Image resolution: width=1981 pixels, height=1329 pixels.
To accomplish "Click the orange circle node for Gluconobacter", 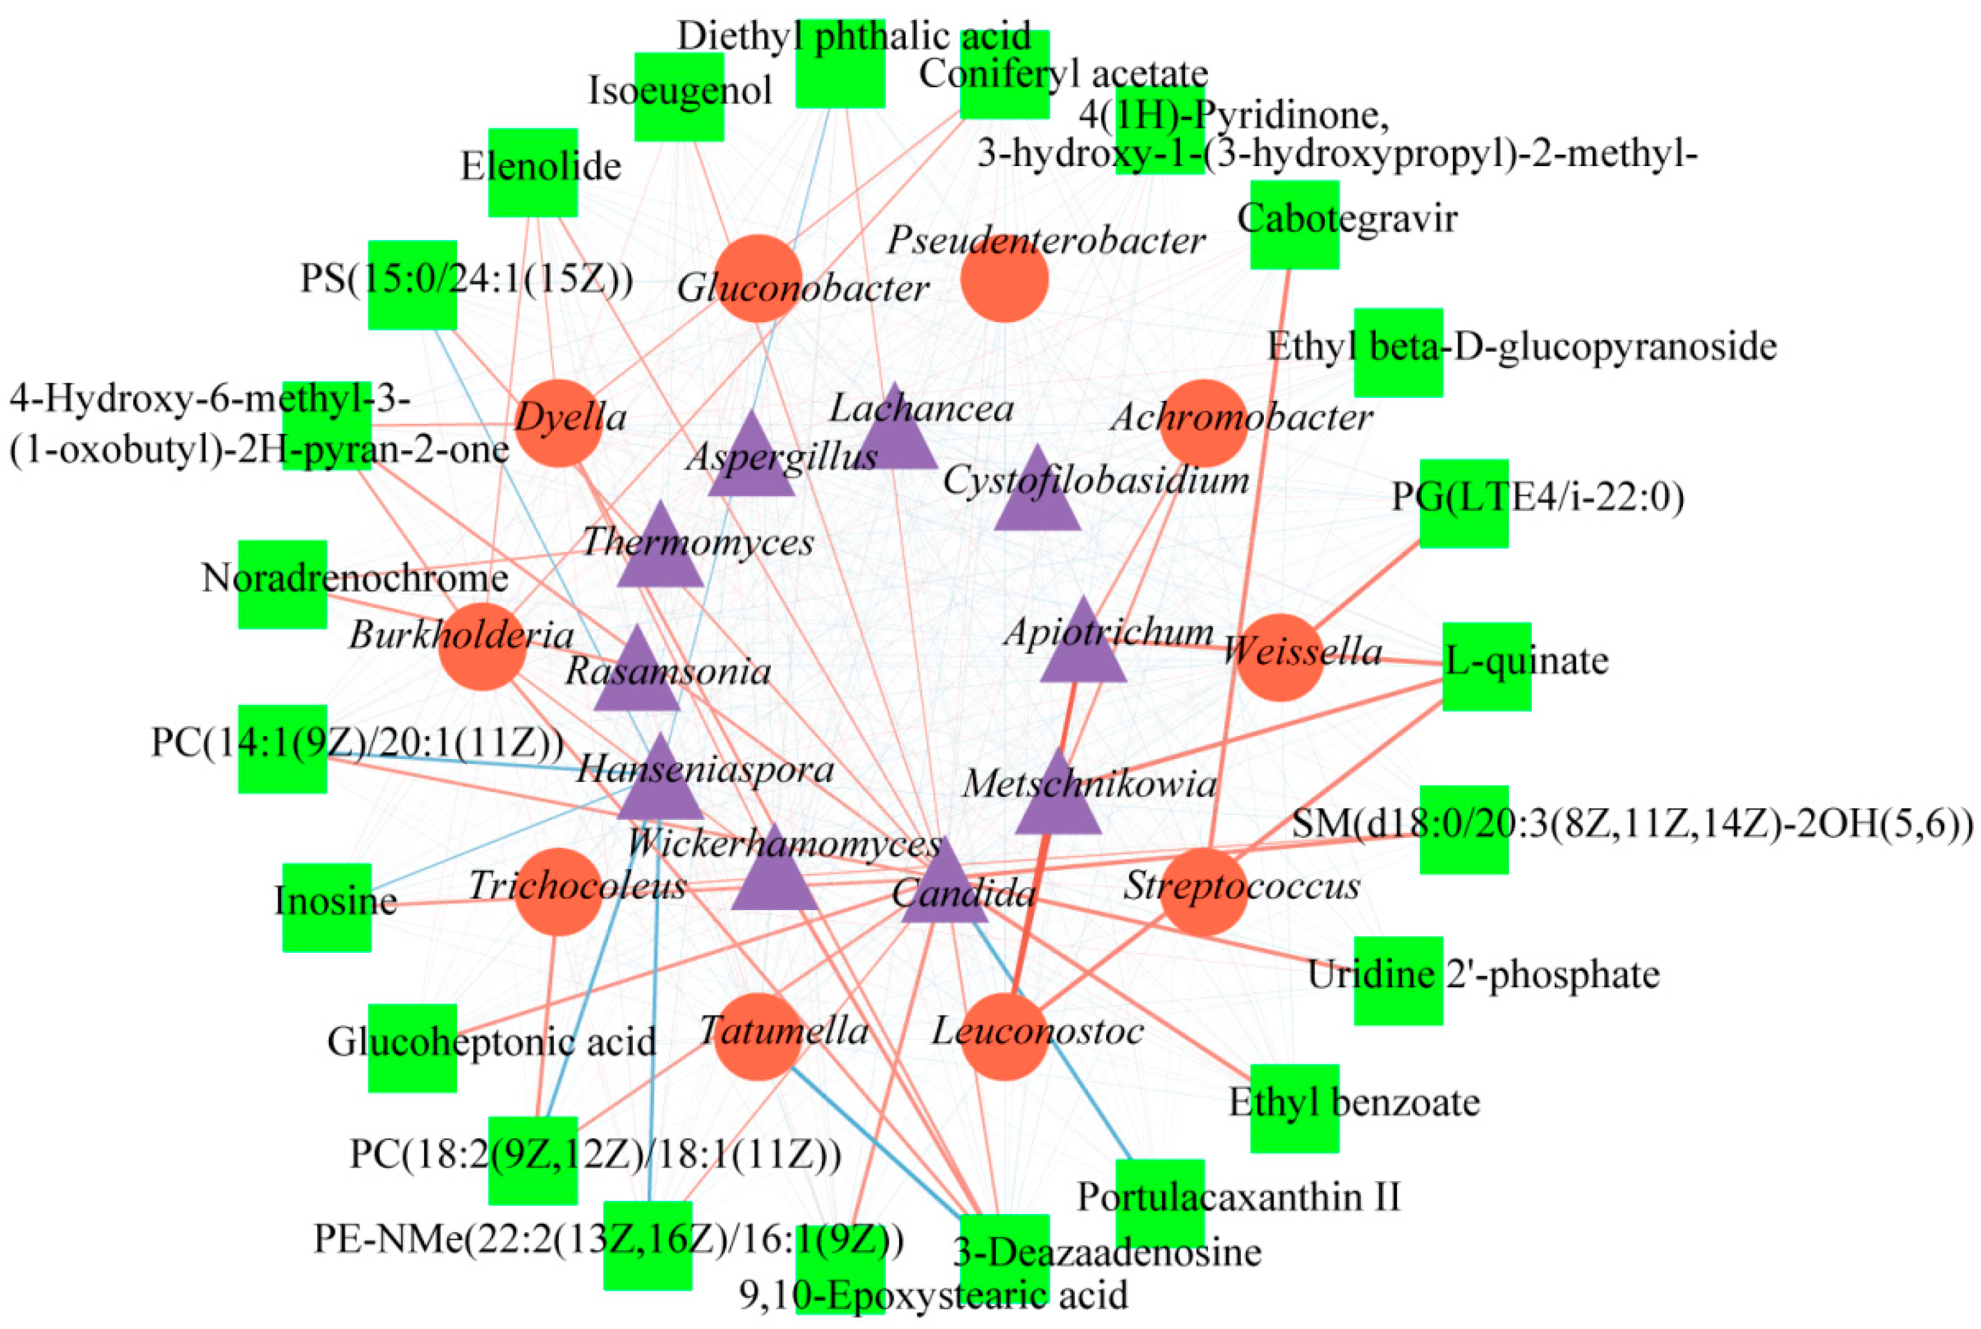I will (758, 278).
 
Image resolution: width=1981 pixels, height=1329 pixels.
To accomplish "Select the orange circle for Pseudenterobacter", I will (1004, 278).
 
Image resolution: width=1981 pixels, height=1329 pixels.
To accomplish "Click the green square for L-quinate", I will (1486, 666).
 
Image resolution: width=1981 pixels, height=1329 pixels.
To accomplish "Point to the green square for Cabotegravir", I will (1295, 225).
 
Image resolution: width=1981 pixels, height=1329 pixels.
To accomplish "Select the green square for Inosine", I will (326, 907).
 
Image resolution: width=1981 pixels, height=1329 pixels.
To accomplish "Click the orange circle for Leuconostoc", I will (1004, 1036).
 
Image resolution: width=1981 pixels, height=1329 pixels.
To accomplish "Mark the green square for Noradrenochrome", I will (282, 584).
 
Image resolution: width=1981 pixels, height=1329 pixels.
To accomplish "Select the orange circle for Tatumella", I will (758, 1036).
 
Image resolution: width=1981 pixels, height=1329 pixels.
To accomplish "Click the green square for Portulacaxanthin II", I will (1160, 1203).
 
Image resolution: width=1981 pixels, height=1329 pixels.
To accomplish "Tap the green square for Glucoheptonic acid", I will (412, 1047).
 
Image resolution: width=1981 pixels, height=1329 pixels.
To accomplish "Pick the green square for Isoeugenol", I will (679, 97).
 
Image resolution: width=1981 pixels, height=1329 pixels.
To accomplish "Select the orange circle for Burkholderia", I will (482, 646).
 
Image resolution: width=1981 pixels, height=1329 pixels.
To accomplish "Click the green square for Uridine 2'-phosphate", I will (1398, 980).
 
